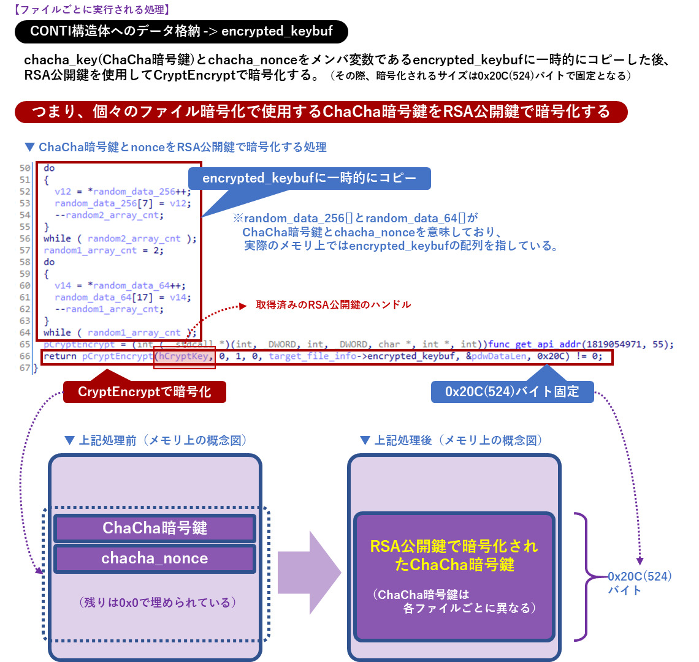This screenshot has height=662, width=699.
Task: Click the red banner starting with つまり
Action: pos(321,111)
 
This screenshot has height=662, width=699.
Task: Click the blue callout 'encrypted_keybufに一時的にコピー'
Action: pos(309,179)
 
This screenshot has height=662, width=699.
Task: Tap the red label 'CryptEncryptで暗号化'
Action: pos(144,392)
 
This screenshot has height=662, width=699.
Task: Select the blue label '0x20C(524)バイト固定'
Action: pos(512,392)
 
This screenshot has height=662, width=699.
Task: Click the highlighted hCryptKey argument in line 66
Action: pos(185,356)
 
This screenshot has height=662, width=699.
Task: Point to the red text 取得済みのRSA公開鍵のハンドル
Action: pos(333,304)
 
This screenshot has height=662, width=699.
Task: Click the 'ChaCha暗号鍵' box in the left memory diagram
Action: pos(155,528)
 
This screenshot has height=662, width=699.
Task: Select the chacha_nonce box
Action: pos(155,559)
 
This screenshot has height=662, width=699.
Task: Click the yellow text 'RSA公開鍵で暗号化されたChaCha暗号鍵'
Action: pos(454,555)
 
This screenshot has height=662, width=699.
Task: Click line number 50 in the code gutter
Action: pos(25,168)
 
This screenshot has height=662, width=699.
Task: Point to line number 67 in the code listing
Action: pos(25,368)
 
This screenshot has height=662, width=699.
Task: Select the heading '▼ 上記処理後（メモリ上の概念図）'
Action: pos(451,440)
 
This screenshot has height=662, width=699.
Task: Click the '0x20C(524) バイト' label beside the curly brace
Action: pos(639,583)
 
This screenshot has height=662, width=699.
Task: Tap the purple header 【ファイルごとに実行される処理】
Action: pos(91,10)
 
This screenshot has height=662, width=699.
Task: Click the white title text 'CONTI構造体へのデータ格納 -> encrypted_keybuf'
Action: pos(181,31)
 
